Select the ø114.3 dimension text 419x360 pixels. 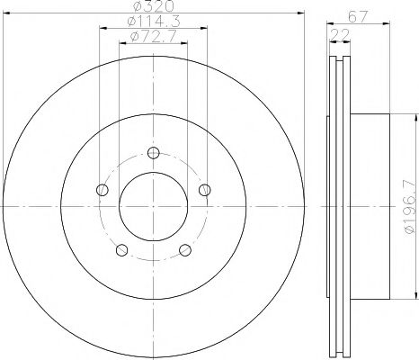click(x=154, y=21)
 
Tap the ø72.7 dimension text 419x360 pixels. click(x=154, y=37)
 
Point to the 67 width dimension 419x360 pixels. click(x=358, y=16)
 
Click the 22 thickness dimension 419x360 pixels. click(x=340, y=35)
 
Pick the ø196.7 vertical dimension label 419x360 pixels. click(x=411, y=207)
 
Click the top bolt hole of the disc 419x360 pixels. click(x=154, y=153)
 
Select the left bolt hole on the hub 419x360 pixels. click(x=103, y=190)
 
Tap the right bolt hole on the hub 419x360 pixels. click(x=205, y=190)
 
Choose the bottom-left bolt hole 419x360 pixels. click(x=121, y=250)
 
